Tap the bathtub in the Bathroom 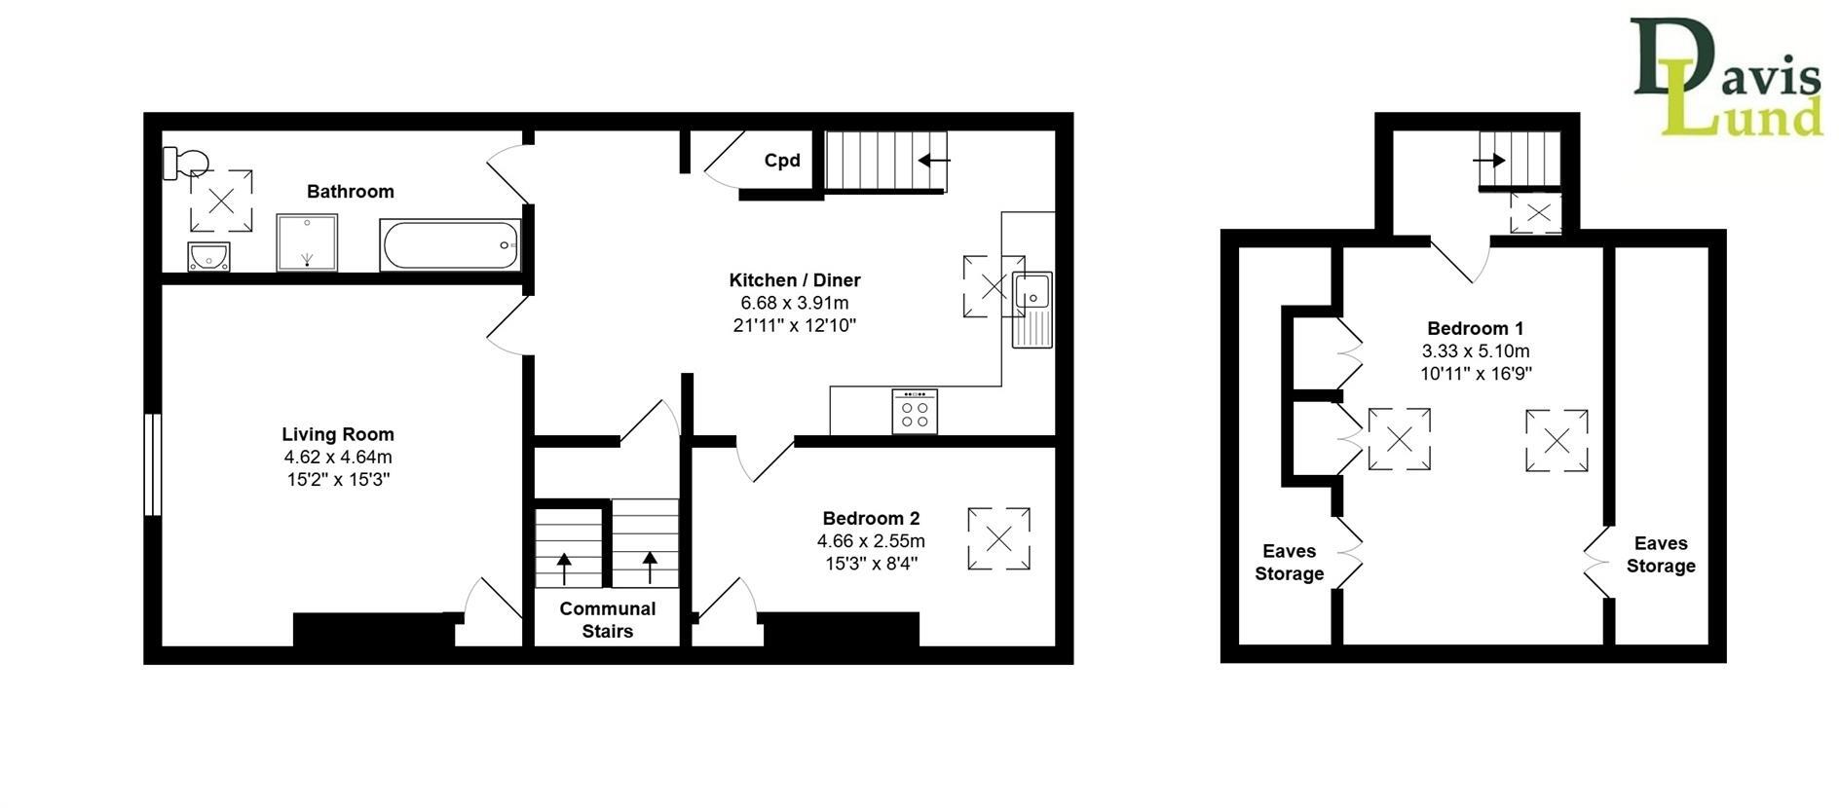(450, 245)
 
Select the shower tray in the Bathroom (307, 242)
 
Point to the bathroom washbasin (208, 256)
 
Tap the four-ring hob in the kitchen (915, 411)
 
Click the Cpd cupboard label (782, 161)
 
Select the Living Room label (338, 434)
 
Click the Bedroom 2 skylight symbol (998, 538)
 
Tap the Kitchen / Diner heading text (795, 280)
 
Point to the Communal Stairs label (608, 620)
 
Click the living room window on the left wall (152, 464)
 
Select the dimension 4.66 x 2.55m (871, 541)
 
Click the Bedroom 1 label (1476, 328)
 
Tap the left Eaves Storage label (1289, 563)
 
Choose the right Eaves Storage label (1661, 555)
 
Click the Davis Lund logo (1725, 78)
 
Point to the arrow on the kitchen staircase (934, 161)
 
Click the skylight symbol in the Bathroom (221, 201)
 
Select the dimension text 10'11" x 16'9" (1476, 373)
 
